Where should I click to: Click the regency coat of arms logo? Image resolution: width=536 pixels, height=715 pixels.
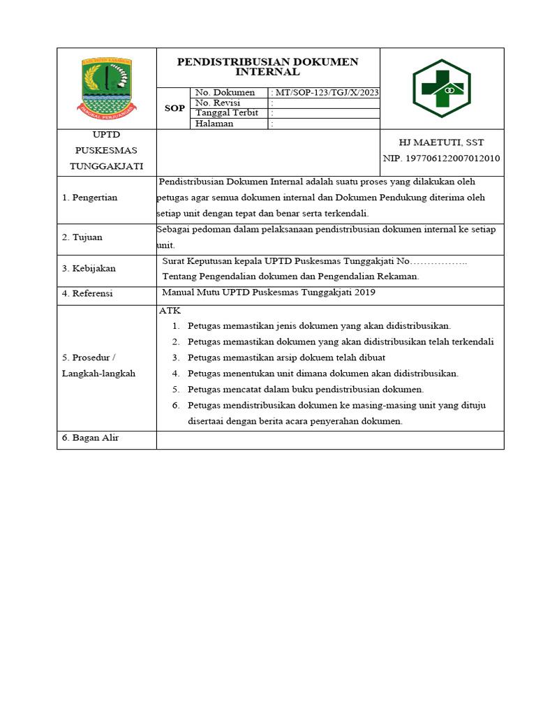click(107, 87)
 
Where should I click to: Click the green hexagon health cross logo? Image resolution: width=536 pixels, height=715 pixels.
click(441, 88)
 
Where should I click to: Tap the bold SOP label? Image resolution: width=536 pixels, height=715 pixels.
click(174, 108)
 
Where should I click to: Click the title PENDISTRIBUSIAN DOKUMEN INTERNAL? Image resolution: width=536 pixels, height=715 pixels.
click(268, 66)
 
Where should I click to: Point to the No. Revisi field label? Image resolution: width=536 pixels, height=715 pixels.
click(218, 103)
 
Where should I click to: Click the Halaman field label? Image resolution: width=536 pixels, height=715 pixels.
click(214, 124)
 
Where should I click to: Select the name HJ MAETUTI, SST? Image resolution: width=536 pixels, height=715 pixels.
click(441, 142)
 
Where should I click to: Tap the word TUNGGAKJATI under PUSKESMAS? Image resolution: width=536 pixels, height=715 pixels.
click(106, 166)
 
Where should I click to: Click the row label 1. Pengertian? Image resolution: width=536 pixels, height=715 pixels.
click(90, 198)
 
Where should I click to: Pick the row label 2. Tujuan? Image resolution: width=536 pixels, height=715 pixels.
click(82, 237)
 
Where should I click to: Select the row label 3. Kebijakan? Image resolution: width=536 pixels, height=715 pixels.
click(89, 268)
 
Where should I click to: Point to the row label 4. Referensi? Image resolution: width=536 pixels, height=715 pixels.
click(87, 294)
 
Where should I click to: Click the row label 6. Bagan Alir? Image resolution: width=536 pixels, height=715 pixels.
click(90, 438)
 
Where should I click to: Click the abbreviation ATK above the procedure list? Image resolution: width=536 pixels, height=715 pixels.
click(170, 311)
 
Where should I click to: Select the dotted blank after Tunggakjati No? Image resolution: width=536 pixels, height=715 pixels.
click(440, 261)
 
